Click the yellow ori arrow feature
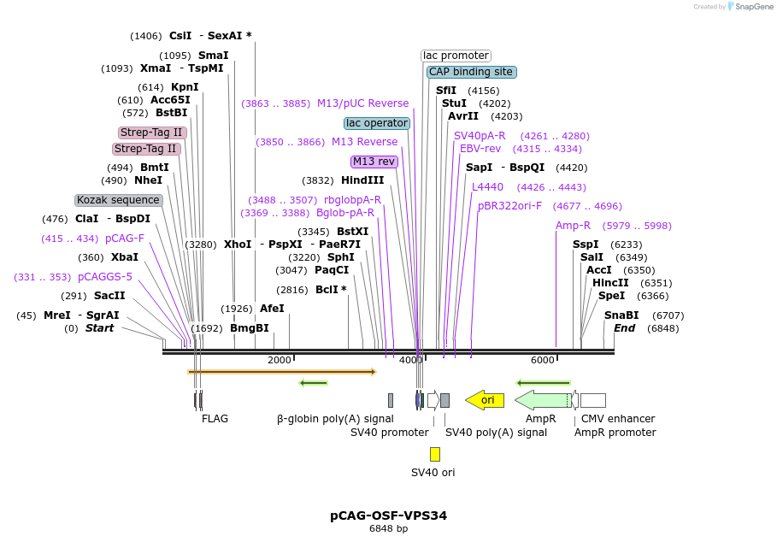[x=485, y=400]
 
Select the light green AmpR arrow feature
[x=543, y=400]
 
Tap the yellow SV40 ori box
[x=434, y=454]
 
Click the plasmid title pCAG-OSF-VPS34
[x=388, y=515]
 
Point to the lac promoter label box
[x=456, y=56]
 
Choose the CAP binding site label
[x=471, y=72]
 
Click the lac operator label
[x=377, y=123]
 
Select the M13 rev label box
[x=374, y=162]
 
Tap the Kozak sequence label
[x=119, y=200]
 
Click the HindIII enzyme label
[x=362, y=180]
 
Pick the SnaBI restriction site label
[x=621, y=315]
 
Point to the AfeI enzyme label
[x=272, y=309]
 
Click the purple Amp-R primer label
[x=573, y=226]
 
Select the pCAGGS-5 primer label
[x=105, y=277]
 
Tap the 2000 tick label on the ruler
[x=280, y=360]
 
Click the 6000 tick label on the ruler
[x=543, y=360]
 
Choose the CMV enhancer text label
[x=618, y=419]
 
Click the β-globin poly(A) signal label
[x=335, y=419]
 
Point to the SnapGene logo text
[x=751, y=6]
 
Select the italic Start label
[x=99, y=328]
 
